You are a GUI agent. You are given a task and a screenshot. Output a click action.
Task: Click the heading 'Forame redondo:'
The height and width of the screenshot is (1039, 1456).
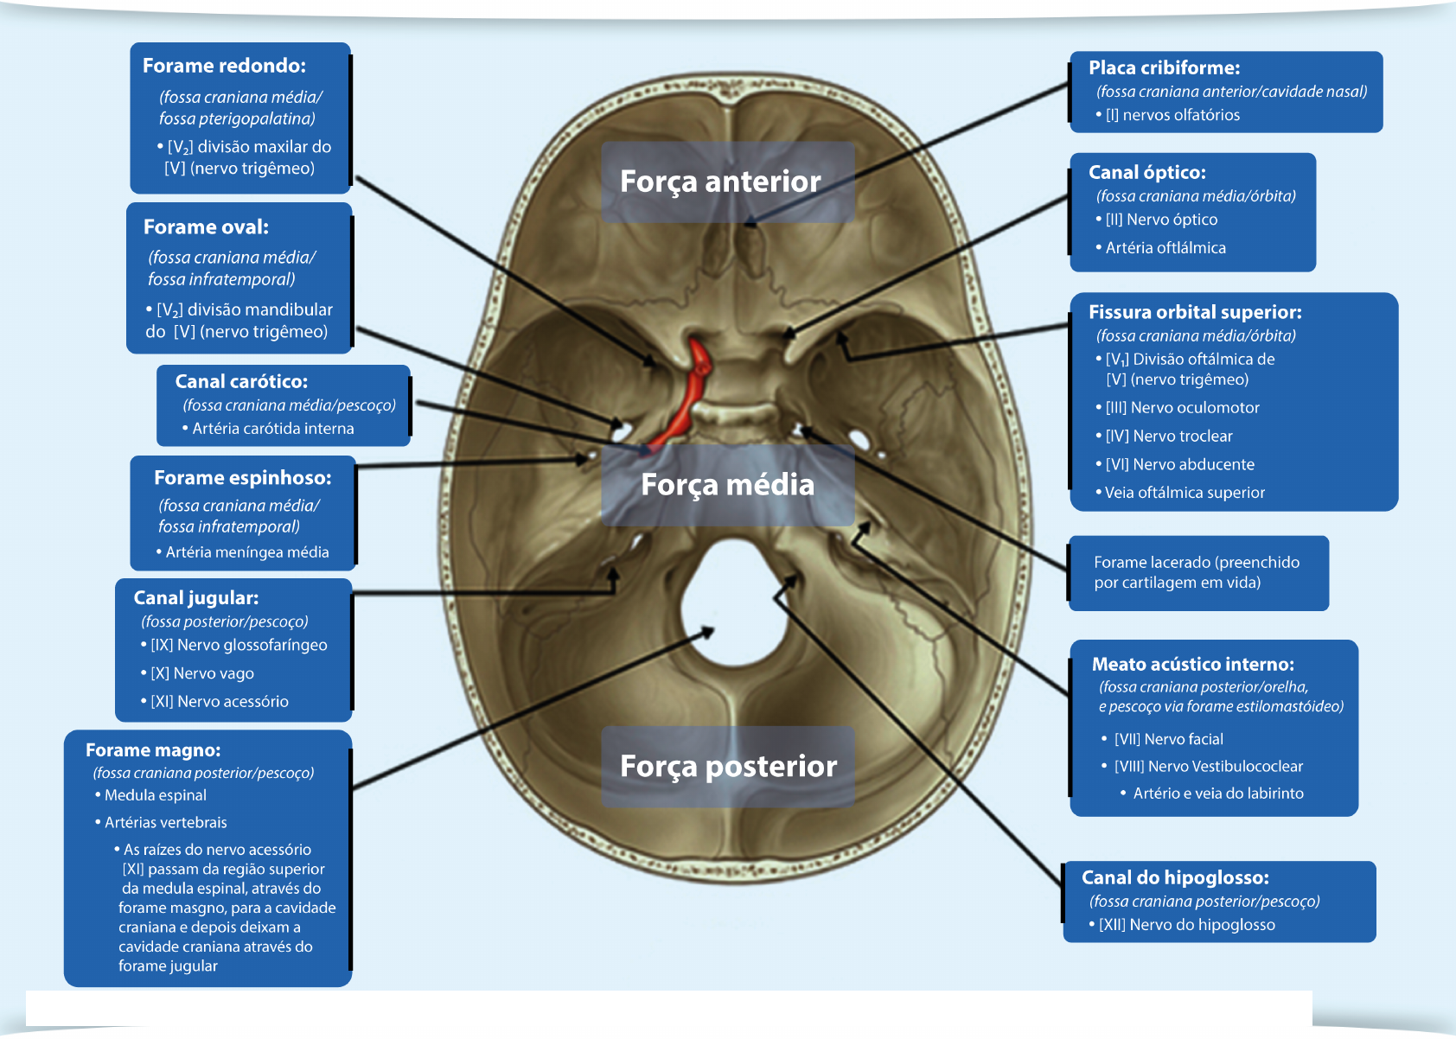coord(224,66)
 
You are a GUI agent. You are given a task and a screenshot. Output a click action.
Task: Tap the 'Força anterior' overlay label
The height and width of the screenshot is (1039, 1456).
coord(720,182)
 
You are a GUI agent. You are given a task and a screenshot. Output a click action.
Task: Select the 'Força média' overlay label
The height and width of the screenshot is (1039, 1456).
coord(727,485)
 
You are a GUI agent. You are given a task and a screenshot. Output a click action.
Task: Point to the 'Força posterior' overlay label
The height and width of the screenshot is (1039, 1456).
coord(728,767)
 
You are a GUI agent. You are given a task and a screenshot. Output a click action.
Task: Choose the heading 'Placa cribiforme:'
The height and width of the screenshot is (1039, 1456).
coord(1164,67)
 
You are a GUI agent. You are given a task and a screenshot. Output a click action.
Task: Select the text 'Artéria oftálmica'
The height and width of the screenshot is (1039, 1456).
coord(1165,248)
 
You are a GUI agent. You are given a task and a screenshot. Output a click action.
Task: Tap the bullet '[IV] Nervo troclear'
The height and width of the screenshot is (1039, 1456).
coord(1168,437)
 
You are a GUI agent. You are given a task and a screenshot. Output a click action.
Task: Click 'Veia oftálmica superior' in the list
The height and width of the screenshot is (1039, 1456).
coord(1184,493)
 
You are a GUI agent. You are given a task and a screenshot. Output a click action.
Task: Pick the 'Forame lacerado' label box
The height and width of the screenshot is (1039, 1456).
coord(1197,572)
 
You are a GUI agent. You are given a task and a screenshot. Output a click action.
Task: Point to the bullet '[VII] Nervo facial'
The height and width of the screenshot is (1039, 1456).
coord(1168,739)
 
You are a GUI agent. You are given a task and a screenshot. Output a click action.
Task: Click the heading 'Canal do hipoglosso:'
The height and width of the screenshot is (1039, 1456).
coord(1175,877)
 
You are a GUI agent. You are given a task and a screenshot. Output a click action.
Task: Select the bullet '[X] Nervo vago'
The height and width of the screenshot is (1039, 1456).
coord(201,673)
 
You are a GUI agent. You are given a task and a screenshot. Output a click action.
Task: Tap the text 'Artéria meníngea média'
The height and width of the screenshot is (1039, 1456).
coord(246,552)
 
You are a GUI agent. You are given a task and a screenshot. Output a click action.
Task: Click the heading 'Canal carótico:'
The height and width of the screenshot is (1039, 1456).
coord(241,381)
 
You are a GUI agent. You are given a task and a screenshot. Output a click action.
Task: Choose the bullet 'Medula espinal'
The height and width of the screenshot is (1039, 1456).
coord(155,795)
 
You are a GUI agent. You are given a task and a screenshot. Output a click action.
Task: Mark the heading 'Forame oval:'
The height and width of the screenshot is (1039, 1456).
coord(206,226)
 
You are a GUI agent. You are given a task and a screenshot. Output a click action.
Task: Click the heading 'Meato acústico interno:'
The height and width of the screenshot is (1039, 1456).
coord(1192,664)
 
